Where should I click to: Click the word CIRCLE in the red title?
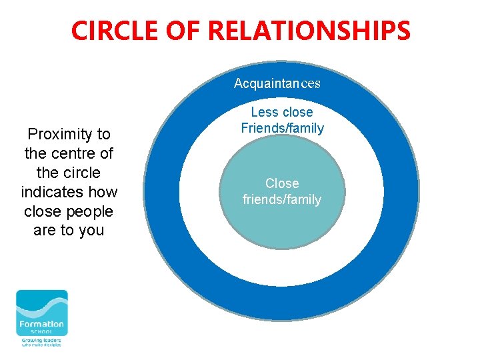click(113, 31)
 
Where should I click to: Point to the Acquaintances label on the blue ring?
click(277, 83)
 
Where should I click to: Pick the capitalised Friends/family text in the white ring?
click(282, 128)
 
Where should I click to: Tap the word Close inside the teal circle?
click(282, 183)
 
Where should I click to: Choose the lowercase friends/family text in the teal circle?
click(282, 199)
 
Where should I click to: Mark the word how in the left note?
click(104, 192)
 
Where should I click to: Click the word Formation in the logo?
click(41, 325)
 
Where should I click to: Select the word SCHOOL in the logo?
click(41, 333)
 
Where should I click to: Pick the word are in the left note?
click(45, 231)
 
